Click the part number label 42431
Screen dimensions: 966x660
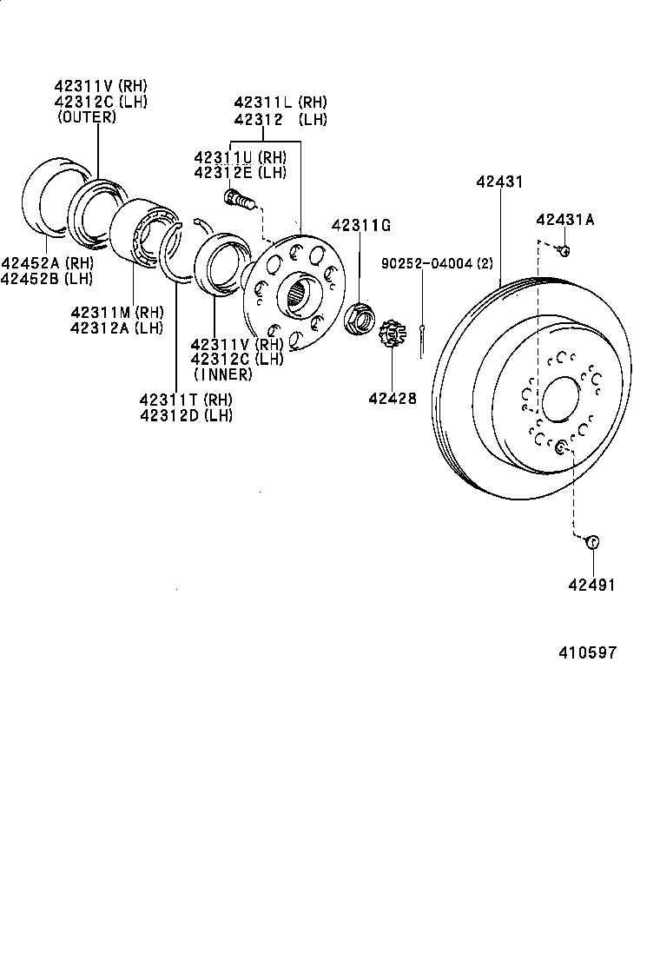point(499,182)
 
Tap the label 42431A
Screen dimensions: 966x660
point(564,220)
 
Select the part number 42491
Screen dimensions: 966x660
point(591,585)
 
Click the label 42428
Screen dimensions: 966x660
point(392,399)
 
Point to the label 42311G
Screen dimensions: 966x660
point(360,226)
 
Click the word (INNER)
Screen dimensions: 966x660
point(222,374)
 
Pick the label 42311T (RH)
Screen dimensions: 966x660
point(186,400)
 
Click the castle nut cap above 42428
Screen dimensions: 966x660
point(392,334)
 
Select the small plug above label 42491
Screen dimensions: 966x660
point(592,542)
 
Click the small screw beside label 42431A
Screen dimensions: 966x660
point(563,251)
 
